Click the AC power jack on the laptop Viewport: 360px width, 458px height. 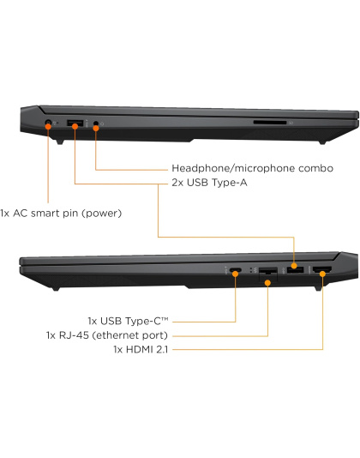coord(49,123)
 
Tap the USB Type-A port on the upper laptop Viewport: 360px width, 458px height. coord(75,123)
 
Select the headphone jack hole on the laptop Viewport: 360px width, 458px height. coord(96,124)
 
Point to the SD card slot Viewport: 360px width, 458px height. coord(270,123)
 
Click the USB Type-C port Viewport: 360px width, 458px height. coord(236,270)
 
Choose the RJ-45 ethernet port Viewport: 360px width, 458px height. coord(268,274)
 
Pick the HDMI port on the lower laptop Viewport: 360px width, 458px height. coord(322,269)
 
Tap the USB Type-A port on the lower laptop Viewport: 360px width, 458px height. coord(295,269)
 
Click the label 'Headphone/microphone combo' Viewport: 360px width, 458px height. coord(252,168)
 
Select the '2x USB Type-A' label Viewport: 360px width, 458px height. coord(209,183)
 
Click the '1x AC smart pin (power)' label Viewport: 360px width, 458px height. coord(61,214)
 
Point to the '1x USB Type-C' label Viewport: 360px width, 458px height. coord(128,321)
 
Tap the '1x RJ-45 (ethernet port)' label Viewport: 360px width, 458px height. coord(107,335)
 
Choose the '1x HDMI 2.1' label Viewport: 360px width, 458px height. coord(141,349)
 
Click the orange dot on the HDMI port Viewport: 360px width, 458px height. coord(322,274)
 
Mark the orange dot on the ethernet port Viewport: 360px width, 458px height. coord(267,283)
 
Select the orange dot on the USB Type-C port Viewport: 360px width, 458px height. coord(236,274)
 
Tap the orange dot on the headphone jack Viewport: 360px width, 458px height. coord(96,128)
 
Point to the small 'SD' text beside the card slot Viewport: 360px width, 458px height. coord(291,123)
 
